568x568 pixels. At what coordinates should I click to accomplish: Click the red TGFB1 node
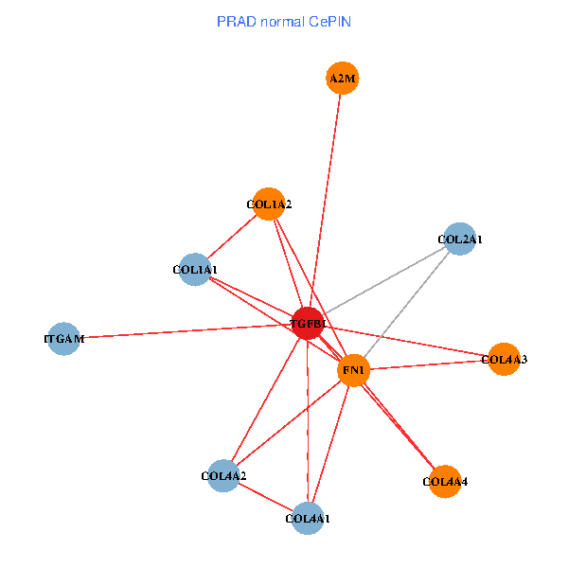click(307, 323)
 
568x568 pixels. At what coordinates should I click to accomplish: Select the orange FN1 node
click(353, 370)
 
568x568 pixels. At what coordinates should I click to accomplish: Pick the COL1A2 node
click(269, 204)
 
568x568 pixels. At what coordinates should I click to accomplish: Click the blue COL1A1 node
click(195, 270)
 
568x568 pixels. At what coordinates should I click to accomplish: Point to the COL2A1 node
click(460, 240)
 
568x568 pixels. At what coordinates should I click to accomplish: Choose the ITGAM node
click(64, 338)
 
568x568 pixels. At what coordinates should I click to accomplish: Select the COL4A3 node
click(504, 359)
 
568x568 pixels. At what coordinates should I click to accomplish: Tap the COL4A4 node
click(445, 481)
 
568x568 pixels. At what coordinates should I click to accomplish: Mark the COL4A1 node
click(308, 518)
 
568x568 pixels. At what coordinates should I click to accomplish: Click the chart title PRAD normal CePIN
click(284, 20)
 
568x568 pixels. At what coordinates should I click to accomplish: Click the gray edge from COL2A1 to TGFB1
click(383, 281)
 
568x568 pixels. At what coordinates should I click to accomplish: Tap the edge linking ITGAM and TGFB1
click(180, 331)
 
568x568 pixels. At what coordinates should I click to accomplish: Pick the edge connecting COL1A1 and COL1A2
click(232, 237)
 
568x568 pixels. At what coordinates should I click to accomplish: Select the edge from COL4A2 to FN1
click(289, 422)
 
